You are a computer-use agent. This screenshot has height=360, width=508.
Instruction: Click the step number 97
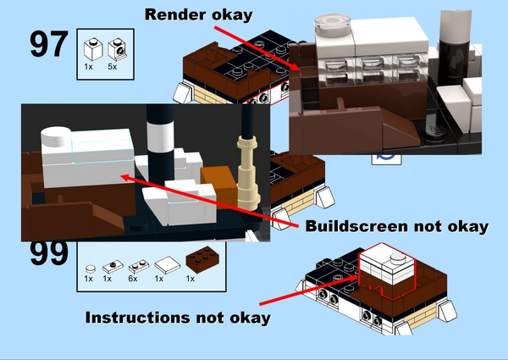click(48, 45)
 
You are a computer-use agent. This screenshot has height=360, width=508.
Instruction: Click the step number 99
click(48, 252)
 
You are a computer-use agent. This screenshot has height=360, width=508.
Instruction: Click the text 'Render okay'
click(198, 14)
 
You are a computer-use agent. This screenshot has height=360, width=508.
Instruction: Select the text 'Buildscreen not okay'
click(396, 226)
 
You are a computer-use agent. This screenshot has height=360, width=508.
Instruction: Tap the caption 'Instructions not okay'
click(178, 318)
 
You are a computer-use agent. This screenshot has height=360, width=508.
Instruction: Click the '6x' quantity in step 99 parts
click(131, 278)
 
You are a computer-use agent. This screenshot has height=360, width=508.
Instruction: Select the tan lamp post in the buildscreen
click(246, 166)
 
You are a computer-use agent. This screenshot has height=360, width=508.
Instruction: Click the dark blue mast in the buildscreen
click(252, 123)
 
